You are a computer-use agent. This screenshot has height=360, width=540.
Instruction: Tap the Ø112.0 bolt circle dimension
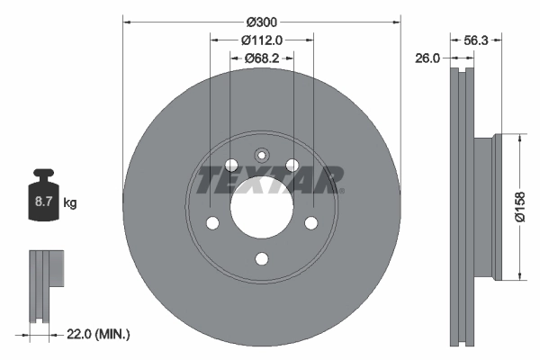tap(263, 40)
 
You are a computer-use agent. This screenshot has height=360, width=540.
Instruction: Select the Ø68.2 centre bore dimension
tap(262, 58)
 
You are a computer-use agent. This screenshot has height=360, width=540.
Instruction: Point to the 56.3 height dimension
tap(475, 40)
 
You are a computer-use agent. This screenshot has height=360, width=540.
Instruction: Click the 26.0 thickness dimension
tap(427, 58)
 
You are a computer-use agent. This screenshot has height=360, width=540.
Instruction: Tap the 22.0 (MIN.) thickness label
tap(98, 334)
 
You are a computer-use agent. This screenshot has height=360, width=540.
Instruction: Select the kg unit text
tap(70, 203)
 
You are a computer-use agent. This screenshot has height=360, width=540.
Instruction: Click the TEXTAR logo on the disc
tap(269, 180)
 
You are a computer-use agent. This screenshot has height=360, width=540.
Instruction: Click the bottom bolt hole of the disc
tap(262, 259)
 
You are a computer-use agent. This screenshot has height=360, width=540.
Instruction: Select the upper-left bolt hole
tap(231, 165)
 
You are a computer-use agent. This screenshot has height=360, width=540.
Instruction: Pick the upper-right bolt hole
tap(292, 165)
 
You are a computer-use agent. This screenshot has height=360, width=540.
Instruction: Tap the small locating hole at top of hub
tap(262, 154)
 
